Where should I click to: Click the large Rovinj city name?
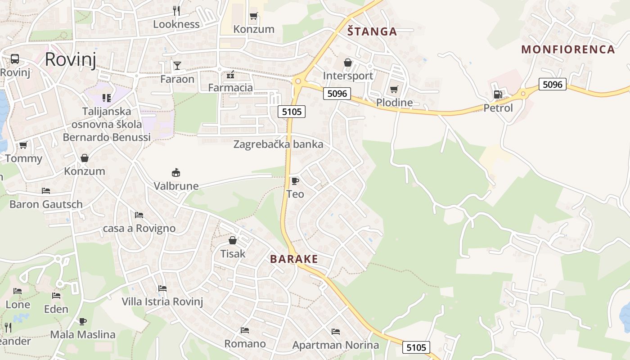(x=71, y=59)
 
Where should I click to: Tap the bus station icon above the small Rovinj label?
(x=15, y=58)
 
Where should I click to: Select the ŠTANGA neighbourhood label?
(x=372, y=31)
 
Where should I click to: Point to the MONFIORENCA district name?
(x=568, y=49)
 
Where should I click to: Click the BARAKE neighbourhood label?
(x=294, y=259)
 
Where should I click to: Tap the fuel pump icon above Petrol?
(x=498, y=94)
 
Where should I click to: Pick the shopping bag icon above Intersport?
(x=348, y=63)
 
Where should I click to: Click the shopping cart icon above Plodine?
(x=394, y=89)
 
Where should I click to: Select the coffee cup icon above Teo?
(x=295, y=181)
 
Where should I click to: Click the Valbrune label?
(x=176, y=186)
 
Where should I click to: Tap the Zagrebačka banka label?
(x=278, y=144)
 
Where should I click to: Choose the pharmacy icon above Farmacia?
(x=230, y=74)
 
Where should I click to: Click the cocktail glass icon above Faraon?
(x=177, y=66)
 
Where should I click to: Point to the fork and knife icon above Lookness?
(x=176, y=10)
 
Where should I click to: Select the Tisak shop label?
(x=233, y=254)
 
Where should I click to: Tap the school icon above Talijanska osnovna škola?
(x=107, y=98)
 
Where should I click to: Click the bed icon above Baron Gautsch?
(x=46, y=191)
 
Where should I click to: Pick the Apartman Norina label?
(x=335, y=345)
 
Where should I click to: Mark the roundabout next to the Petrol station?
(x=523, y=94)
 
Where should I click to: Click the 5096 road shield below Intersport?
(x=337, y=94)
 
